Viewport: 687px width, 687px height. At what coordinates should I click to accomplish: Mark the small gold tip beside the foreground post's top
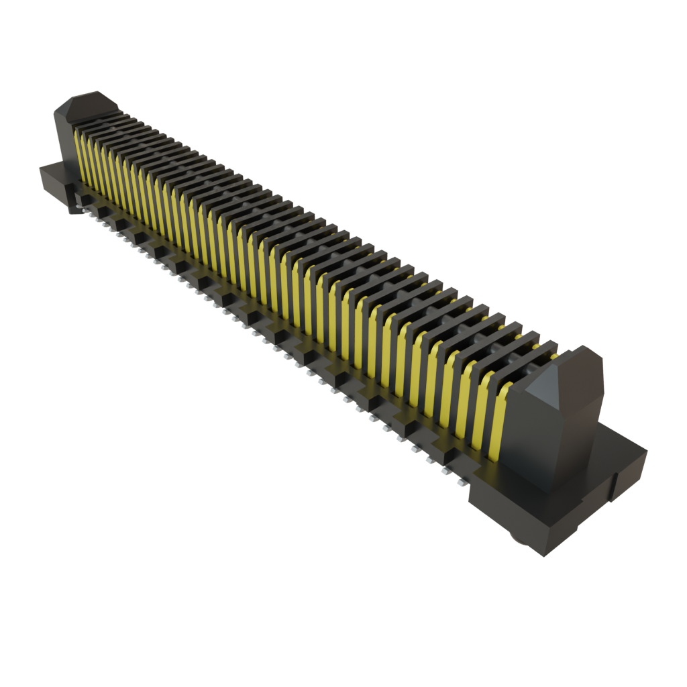pyautogui.click(x=554, y=357)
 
